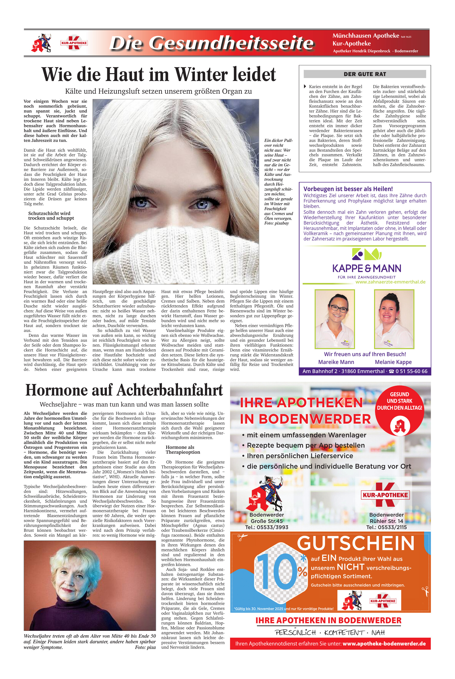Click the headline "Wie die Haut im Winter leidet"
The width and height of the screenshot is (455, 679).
point(158,74)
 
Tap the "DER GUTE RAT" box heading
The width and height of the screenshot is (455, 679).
point(365,74)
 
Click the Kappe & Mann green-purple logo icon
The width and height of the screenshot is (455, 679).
point(366,254)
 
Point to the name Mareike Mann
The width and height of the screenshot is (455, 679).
point(336,362)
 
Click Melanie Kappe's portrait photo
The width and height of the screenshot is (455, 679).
point(394,319)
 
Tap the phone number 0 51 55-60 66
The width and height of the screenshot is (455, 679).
point(411,371)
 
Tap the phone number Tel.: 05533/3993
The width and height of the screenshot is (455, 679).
point(266,527)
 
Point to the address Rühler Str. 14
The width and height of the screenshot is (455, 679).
point(386,521)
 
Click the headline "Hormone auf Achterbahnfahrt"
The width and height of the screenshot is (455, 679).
point(124,390)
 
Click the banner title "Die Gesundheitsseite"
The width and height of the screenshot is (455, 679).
point(212,43)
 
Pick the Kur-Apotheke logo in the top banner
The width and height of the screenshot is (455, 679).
point(74,43)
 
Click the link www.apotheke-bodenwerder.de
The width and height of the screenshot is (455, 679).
point(384,644)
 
